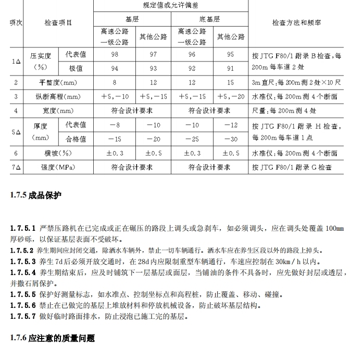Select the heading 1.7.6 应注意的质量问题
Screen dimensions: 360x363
52,339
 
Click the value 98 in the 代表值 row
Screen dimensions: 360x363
114,55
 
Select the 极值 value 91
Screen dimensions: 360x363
231,68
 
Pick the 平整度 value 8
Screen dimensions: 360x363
114,83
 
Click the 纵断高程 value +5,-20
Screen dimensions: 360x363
231,96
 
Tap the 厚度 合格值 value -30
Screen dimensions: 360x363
231,139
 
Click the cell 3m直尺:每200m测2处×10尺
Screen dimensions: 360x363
296,83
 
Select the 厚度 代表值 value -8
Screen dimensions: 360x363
114,125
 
